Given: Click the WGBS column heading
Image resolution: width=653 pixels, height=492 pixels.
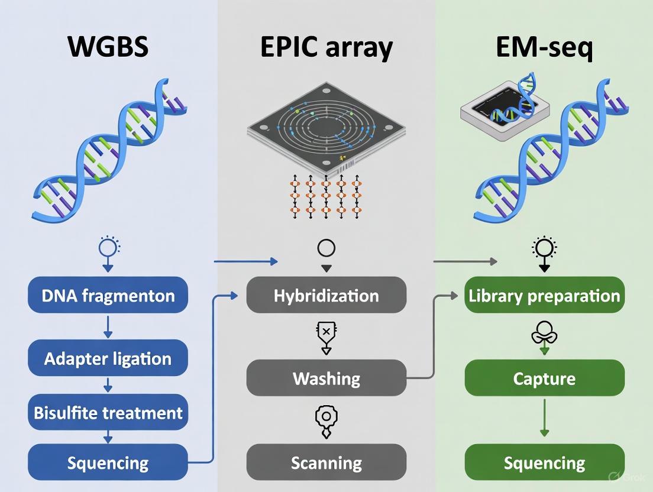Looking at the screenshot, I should point(108,47).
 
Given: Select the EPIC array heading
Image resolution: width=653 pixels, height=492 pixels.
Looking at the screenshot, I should point(326,47).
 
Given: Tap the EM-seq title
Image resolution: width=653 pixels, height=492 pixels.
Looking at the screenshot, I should point(544,47).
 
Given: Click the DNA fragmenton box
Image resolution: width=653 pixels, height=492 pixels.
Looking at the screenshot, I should point(108,295).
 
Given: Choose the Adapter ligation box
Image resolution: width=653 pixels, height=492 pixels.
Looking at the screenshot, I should point(108,358).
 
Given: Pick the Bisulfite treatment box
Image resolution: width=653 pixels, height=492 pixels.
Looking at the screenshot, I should point(108,412).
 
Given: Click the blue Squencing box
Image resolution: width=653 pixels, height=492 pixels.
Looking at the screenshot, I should point(108,462).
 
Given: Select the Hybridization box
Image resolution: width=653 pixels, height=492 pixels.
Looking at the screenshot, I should point(326,295).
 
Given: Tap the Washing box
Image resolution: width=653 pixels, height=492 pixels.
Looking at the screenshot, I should point(326,378).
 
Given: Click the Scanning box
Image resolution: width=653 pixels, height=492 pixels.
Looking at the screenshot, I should point(326,462).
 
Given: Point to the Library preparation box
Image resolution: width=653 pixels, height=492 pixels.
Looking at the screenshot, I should point(544,295).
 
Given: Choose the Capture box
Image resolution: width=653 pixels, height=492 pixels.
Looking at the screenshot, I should point(544,378).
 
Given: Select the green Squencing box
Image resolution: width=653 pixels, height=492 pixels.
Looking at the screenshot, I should point(544,462).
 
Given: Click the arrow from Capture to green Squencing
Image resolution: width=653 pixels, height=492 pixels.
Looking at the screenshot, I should point(544,420).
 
